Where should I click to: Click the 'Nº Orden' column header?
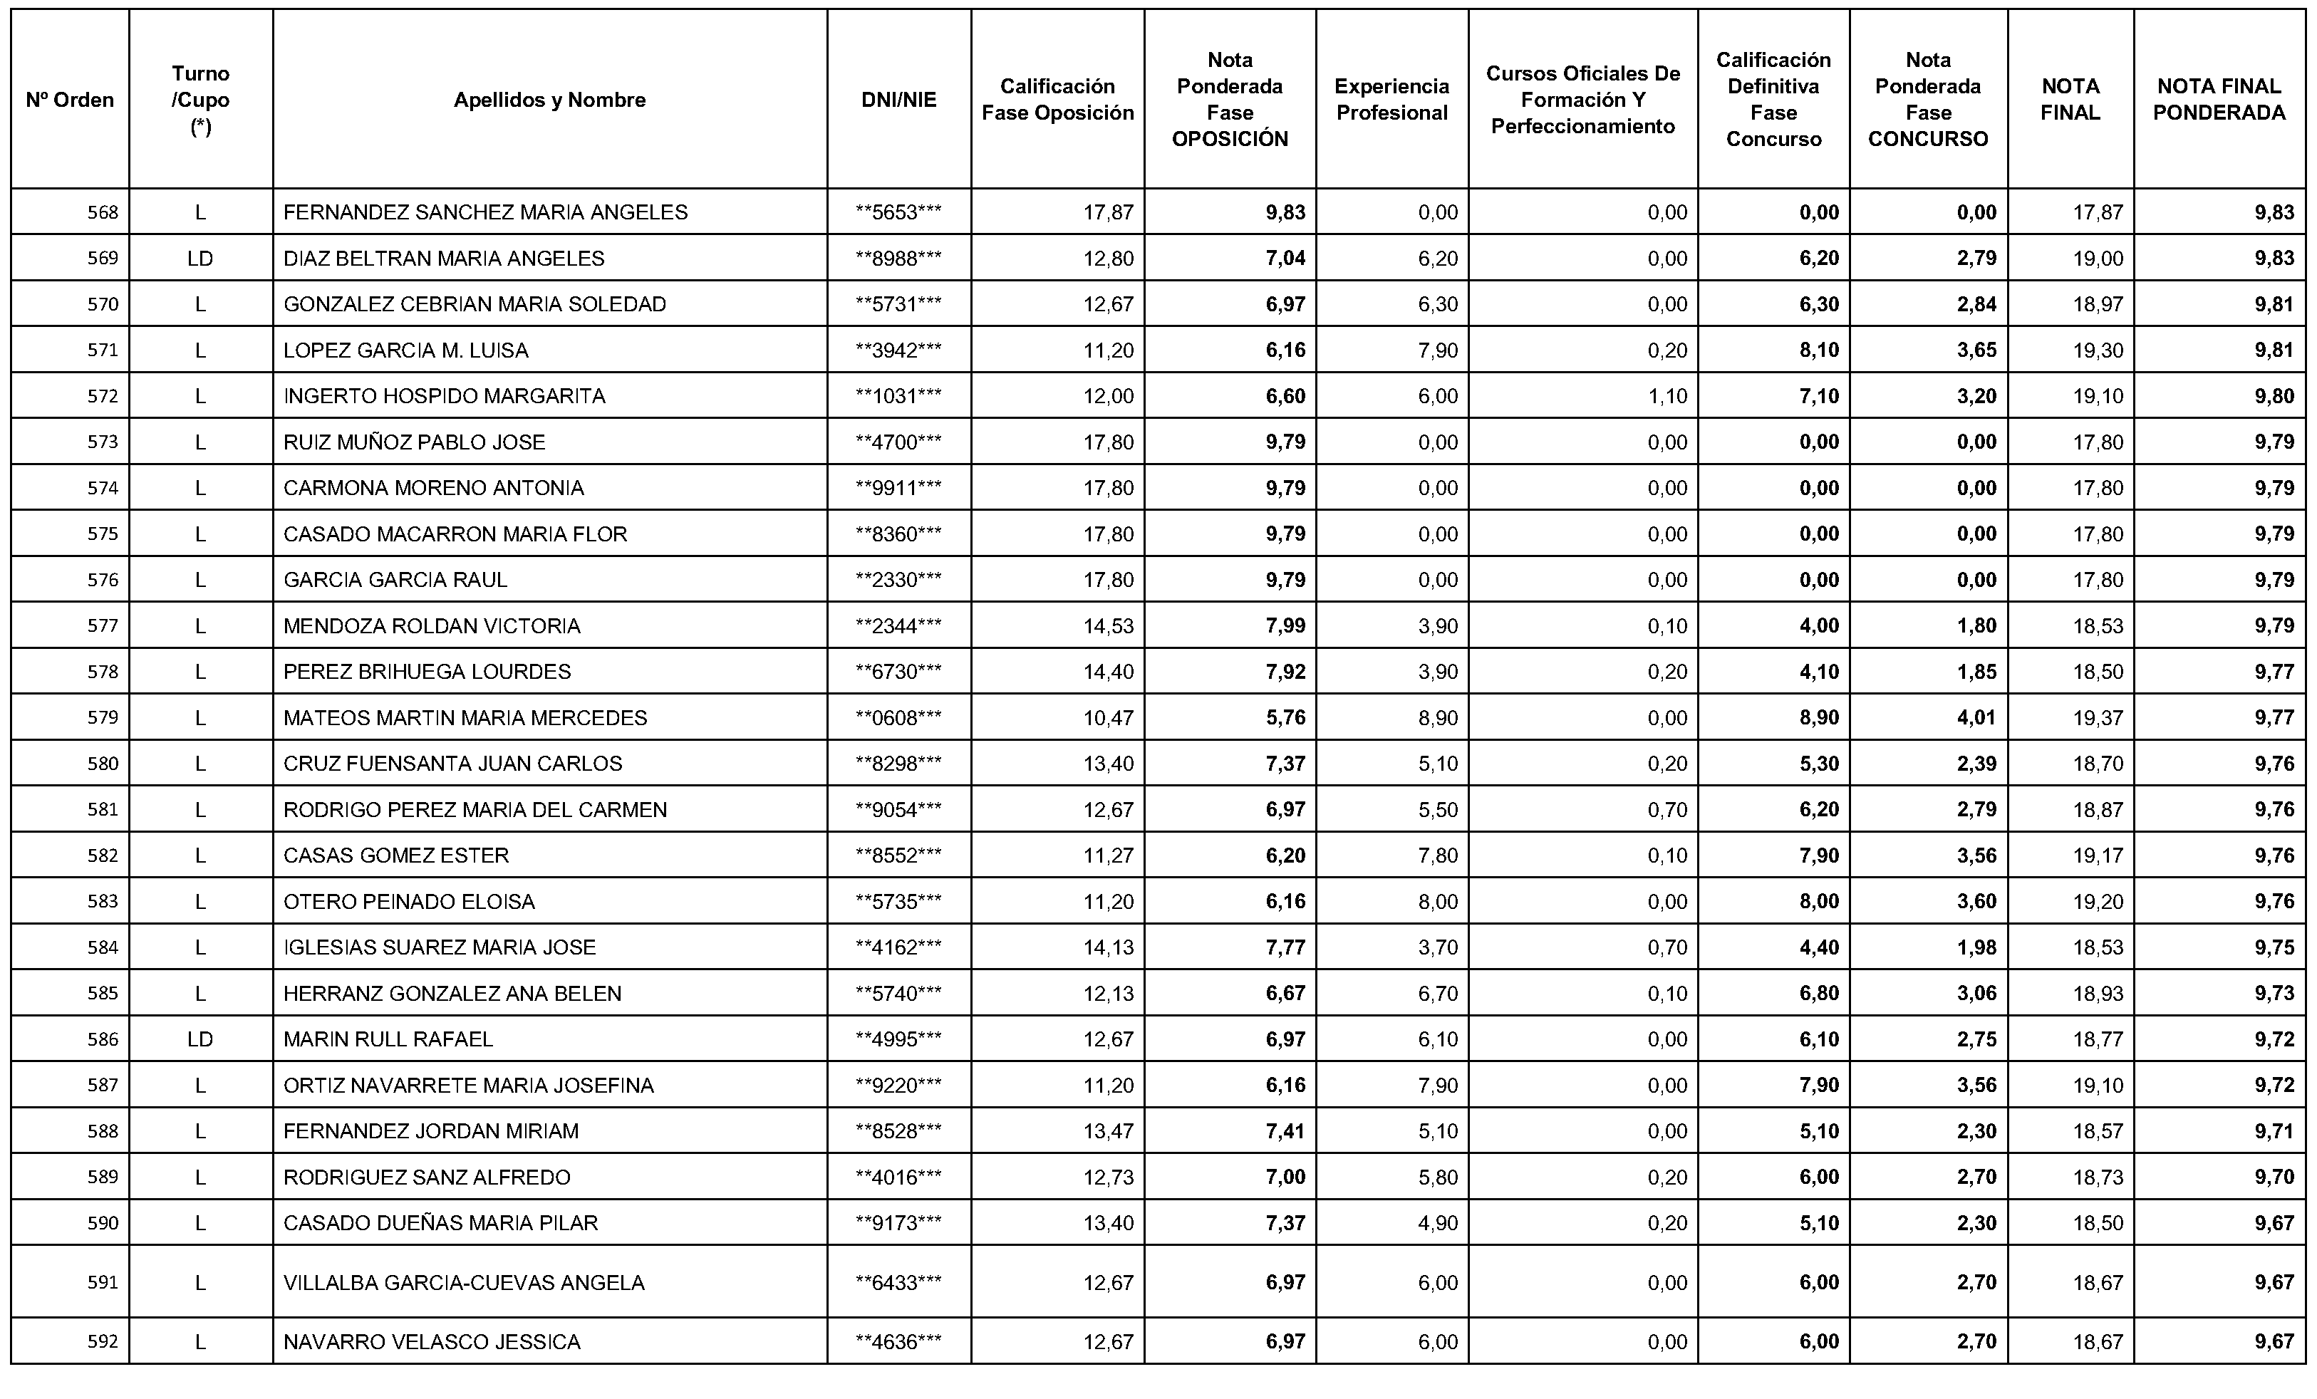point(70,100)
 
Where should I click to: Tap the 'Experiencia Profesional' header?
point(1391,100)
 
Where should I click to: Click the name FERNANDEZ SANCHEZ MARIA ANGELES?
point(485,212)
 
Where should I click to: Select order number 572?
point(103,396)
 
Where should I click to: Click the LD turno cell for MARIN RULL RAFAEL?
point(200,1039)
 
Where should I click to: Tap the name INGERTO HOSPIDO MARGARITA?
point(444,396)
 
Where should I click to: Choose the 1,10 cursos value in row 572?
point(1667,396)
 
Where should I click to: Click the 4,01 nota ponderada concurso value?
point(1976,717)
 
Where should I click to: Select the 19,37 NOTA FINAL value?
point(2098,717)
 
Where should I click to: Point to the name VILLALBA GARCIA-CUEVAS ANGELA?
point(464,1282)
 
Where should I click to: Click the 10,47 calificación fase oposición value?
point(1108,717)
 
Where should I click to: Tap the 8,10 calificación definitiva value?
point(1819,350)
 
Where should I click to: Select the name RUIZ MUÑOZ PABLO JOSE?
point(414,442)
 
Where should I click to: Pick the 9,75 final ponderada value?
point(2274,947)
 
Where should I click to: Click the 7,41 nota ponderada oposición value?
point(1285,1131)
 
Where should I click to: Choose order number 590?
point(103,1223)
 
